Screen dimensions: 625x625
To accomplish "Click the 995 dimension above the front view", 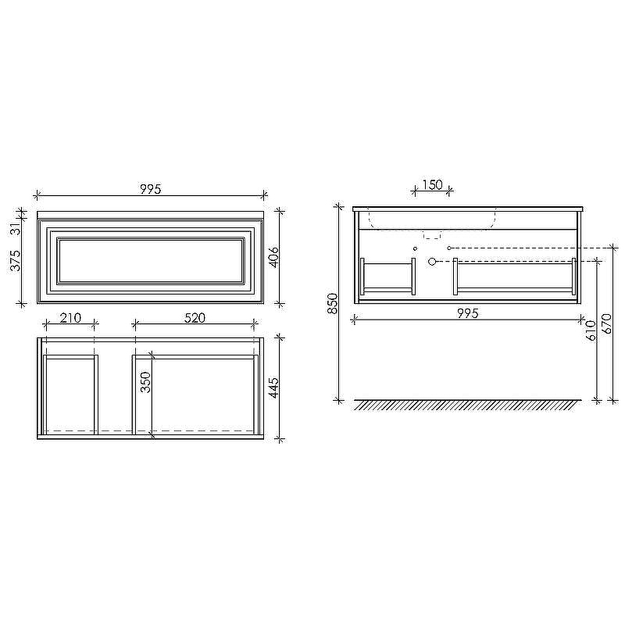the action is click(151, 189).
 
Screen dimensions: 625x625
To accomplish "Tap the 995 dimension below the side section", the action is click(467, 313).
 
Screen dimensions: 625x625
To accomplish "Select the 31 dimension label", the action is click(15, 229).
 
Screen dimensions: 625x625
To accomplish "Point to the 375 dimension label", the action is click(15, 261).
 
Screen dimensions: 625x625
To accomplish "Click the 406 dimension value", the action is click(273, 258).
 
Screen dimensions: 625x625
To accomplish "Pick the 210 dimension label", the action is click(70, 318).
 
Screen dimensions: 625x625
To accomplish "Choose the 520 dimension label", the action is click(195, 318).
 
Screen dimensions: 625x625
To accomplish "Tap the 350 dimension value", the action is click(146, 382).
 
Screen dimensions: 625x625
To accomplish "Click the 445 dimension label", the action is click(273, 387).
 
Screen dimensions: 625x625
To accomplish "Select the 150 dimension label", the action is click(433, 185).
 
